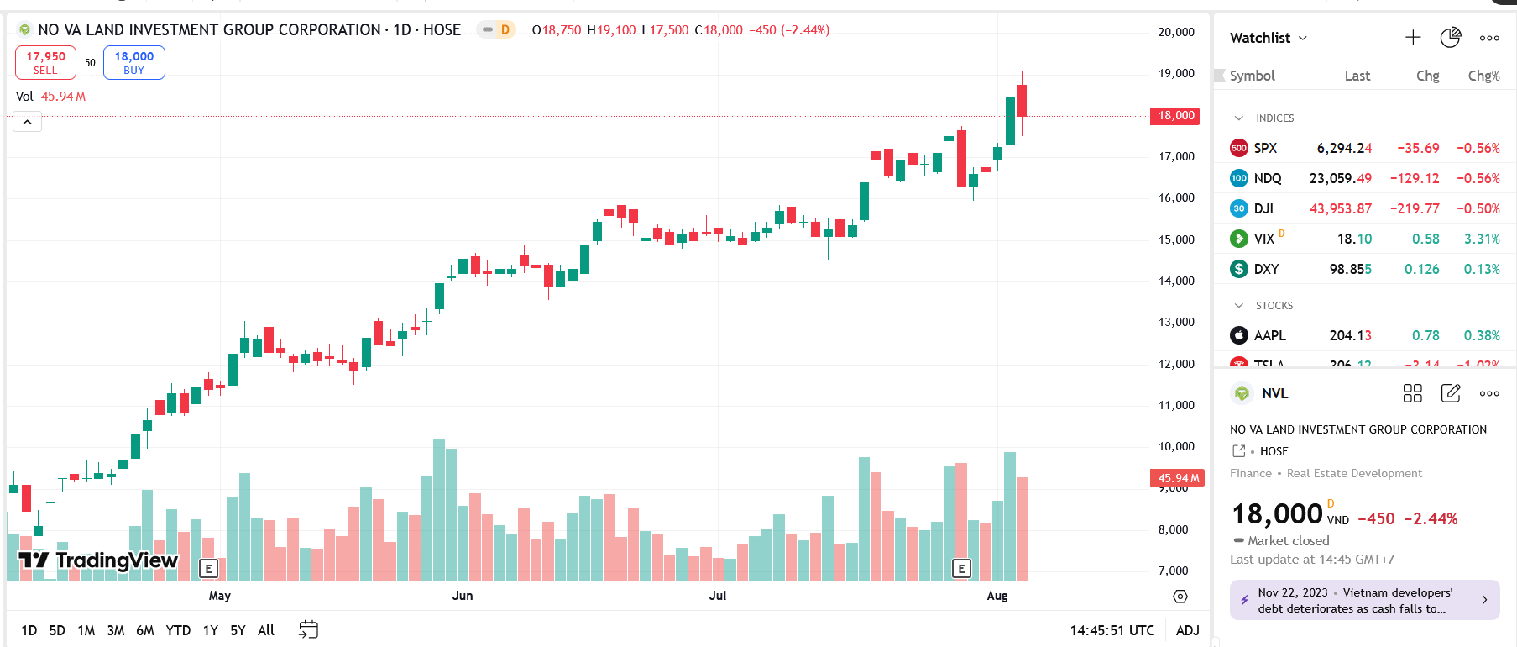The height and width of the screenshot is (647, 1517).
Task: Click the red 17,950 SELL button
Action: (x=45, y=62)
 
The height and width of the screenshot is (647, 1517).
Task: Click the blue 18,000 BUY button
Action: (x=133, y=62)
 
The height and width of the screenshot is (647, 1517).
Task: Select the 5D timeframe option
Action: (x=57, y=630)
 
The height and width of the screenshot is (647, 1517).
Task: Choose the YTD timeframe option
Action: (x=178, y=630)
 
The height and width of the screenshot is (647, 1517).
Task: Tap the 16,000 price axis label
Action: (x=1175, y=197)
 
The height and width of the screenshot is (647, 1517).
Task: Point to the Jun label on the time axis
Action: (x=463, y=596)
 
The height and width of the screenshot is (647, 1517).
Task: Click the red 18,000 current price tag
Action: (x=1175, y=116)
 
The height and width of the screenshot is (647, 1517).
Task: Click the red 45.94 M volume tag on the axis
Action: (x=1177, y=478)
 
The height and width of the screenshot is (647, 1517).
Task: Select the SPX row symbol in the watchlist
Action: (x=1264, y=148)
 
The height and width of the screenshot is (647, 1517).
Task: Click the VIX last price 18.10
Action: (x=1354, y=239)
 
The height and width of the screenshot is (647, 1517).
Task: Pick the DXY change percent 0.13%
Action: (x=1481, y=269)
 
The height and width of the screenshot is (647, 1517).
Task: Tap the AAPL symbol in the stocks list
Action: (x=1269, y=335)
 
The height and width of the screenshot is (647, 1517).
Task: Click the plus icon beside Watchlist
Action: (x=1413, y=38)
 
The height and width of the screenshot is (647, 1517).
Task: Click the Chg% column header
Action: (x=1483, y=76)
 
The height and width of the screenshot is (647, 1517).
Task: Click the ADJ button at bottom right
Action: (x=1187, y=630)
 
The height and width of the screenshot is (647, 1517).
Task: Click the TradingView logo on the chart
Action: (x=98, y=560)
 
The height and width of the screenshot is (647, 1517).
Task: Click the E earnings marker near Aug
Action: (x=961, y=569)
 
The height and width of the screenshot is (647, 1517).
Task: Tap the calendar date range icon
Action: (x=308, y=630)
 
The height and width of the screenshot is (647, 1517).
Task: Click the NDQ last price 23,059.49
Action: (x=1340, y=178)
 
